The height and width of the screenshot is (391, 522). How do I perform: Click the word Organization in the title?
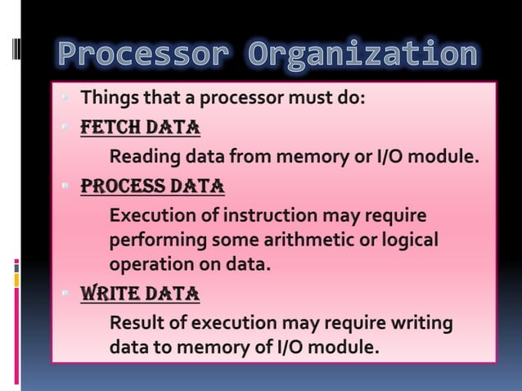click(362, 56)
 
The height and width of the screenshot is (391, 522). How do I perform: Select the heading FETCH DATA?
click(140, 128)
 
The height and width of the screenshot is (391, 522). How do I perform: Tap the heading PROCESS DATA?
click(152, 187)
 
